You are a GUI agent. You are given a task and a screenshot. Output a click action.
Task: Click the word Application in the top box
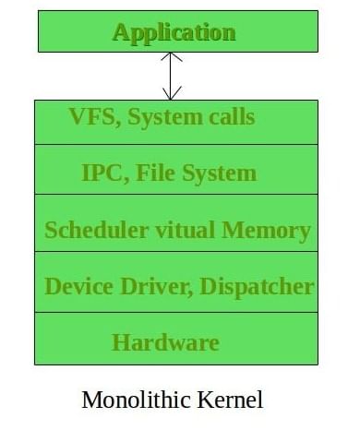174,32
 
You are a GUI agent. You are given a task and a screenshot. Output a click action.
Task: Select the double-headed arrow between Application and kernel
172,76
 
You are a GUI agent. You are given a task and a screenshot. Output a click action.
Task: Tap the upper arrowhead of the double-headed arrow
172,58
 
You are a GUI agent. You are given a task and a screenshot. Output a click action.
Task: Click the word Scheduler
90,230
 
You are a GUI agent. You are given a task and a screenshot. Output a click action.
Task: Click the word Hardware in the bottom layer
165,342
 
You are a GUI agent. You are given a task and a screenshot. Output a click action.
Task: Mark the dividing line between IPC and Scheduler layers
174,194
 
